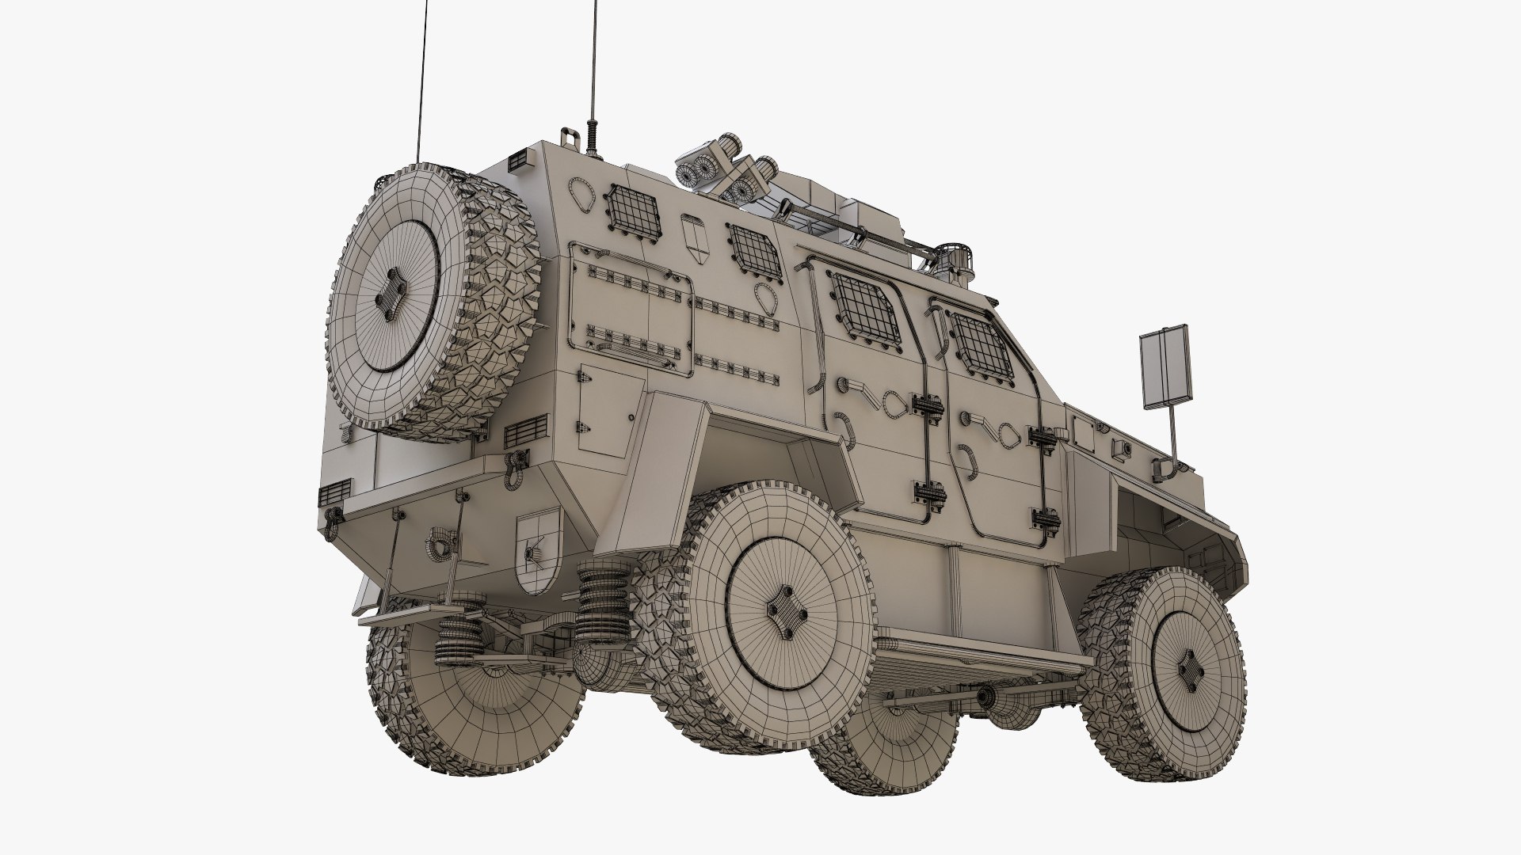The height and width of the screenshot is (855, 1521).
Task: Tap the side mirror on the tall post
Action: point(1165,366)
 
